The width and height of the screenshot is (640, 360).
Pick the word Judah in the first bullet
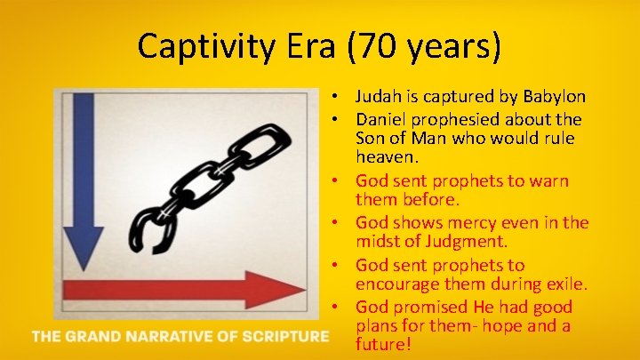pyautogui.click(x=378, y=96)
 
